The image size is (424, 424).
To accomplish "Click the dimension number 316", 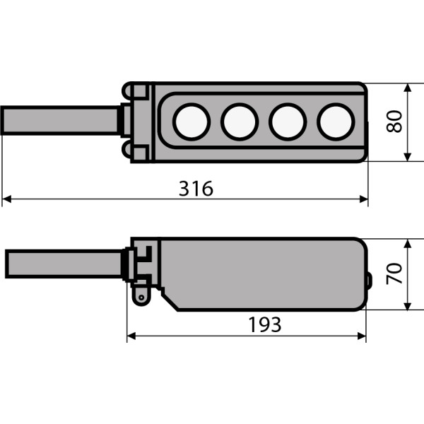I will [196, 189].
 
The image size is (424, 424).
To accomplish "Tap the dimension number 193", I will [265, 324].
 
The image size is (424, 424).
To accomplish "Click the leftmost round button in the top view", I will [193, 122].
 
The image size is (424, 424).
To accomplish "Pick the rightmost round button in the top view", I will [335, 122].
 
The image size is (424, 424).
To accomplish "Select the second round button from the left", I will [239, 122].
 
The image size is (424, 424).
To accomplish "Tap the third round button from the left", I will [287, 122].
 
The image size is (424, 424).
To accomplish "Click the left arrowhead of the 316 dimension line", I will [6, 200].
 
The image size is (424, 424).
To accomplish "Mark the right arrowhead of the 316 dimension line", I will [364, 200].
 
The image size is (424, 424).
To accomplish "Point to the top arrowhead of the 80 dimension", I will [408, 88].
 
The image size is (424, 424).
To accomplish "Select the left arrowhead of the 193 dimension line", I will [131, 337].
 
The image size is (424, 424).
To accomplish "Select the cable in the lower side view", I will [64, 263].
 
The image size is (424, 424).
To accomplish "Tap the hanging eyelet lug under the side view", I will [142, 296].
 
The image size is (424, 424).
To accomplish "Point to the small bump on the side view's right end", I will [368, 281].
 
